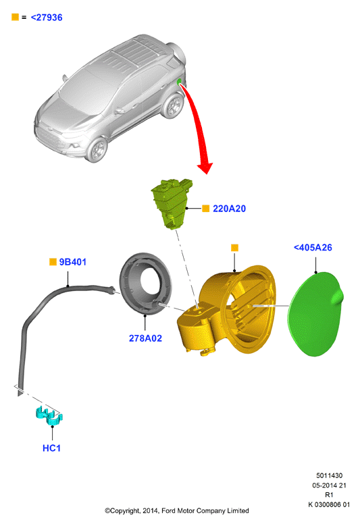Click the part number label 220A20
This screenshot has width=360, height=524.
click(229, 209)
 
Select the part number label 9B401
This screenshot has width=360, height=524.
click(72, 262)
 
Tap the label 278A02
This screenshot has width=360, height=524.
click(145, 338)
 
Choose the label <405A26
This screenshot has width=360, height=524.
click(313, 248)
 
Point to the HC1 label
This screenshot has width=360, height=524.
click(51, 448)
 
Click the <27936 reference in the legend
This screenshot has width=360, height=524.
click(47, 18)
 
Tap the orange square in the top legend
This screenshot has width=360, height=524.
click(15, 17)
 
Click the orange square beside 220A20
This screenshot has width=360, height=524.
click(206, 209)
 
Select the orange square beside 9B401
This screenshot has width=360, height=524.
click(53, 262)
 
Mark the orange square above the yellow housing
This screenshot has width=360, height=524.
click(234, 248)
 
